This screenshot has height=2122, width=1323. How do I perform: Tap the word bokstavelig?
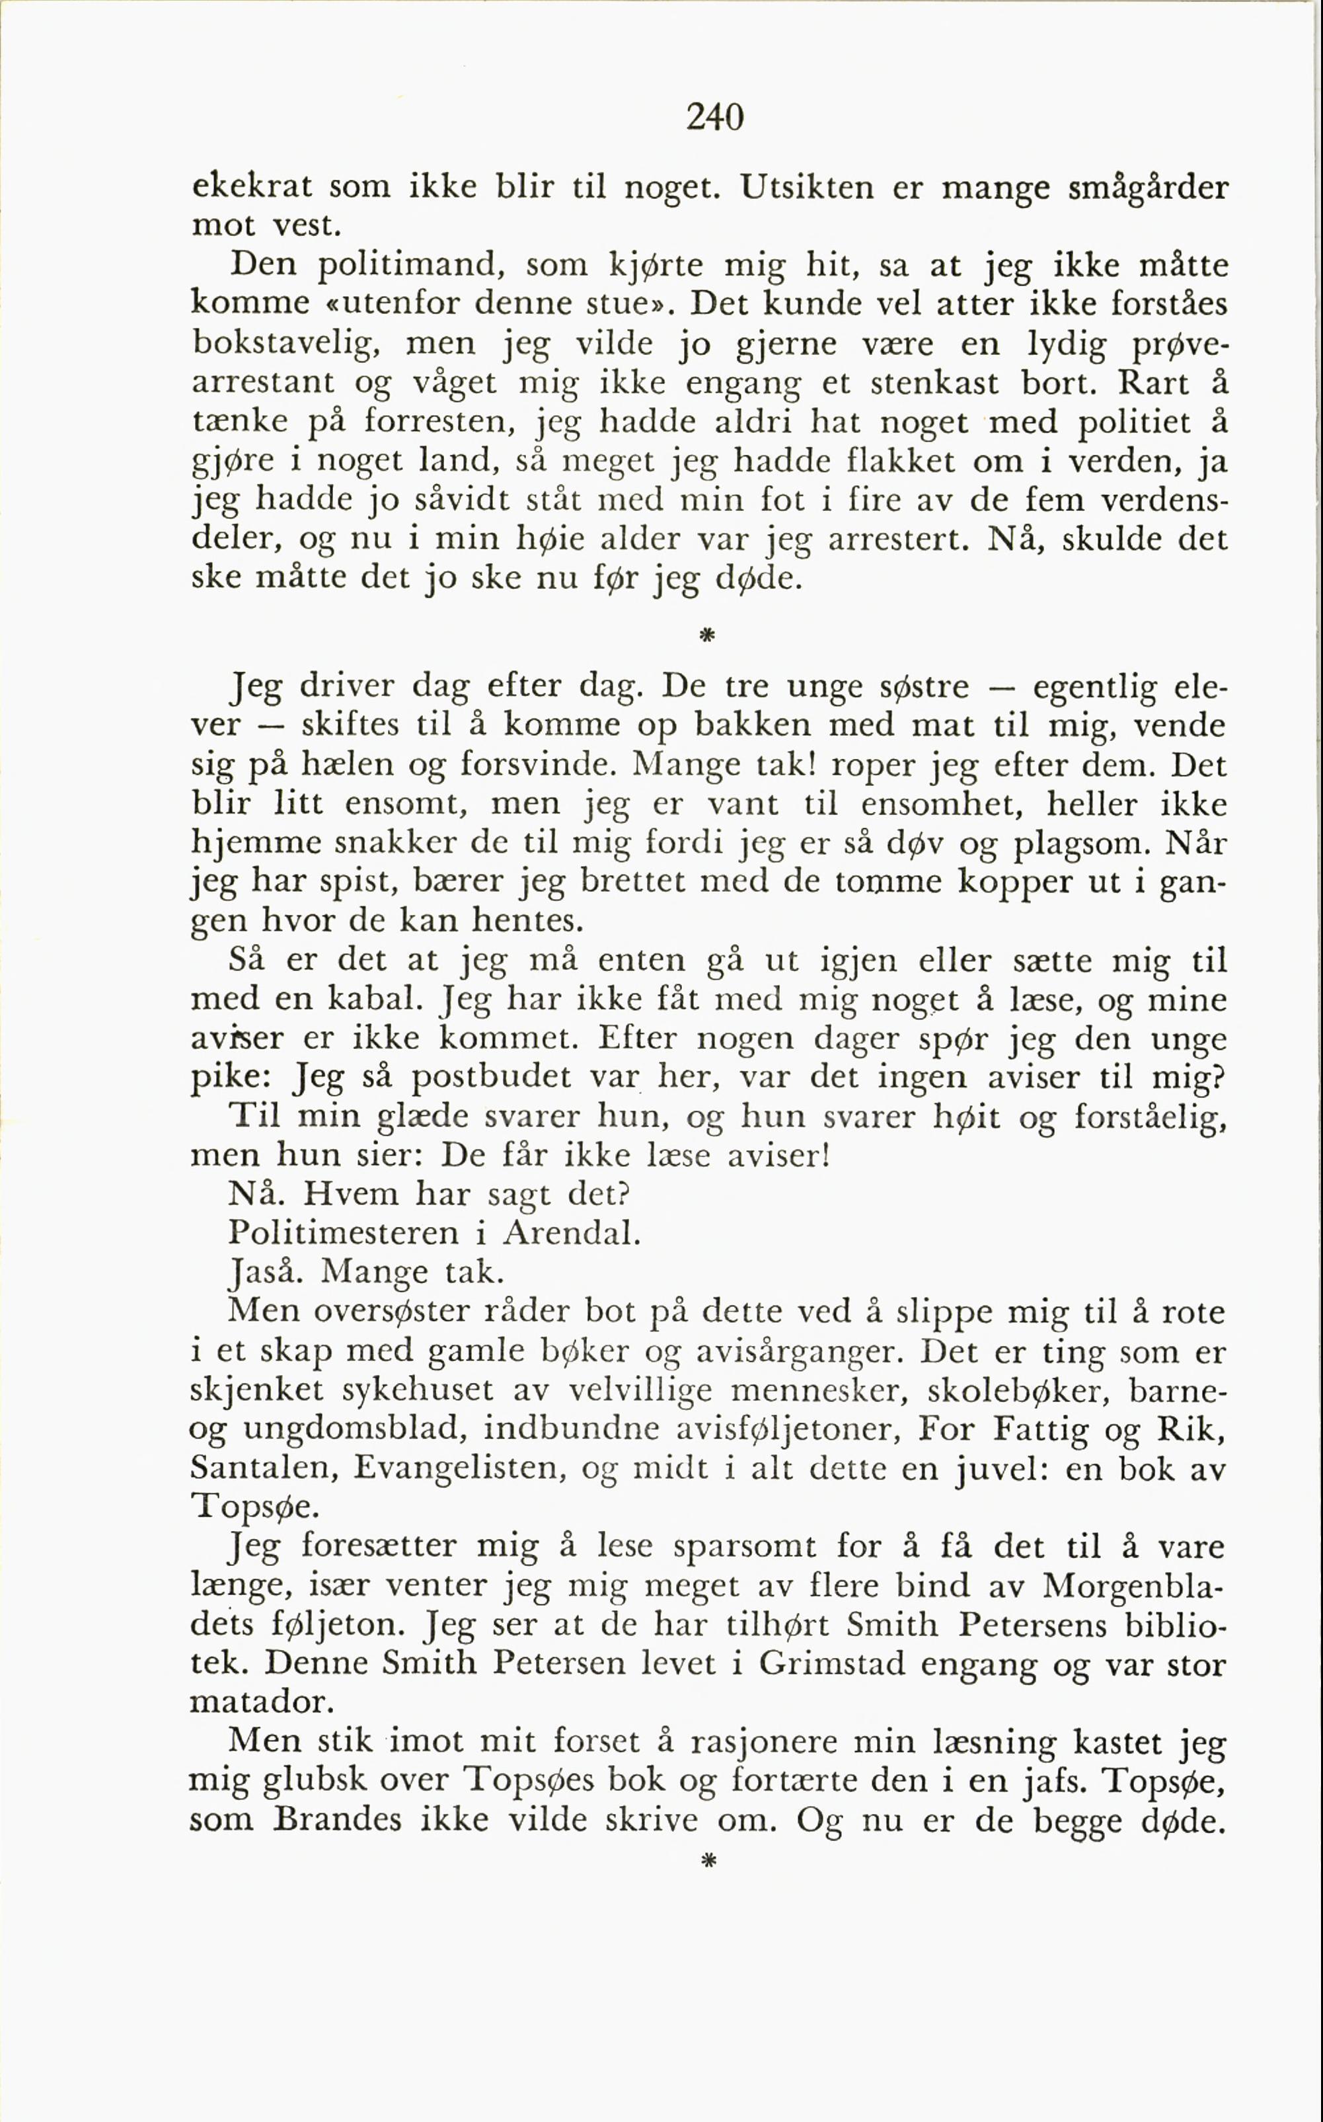286,342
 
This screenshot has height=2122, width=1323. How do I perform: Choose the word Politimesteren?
343,1232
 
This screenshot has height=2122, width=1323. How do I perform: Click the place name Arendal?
572,1232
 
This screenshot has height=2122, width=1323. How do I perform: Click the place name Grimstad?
831,1663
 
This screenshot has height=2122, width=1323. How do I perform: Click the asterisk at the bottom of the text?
708,1860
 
